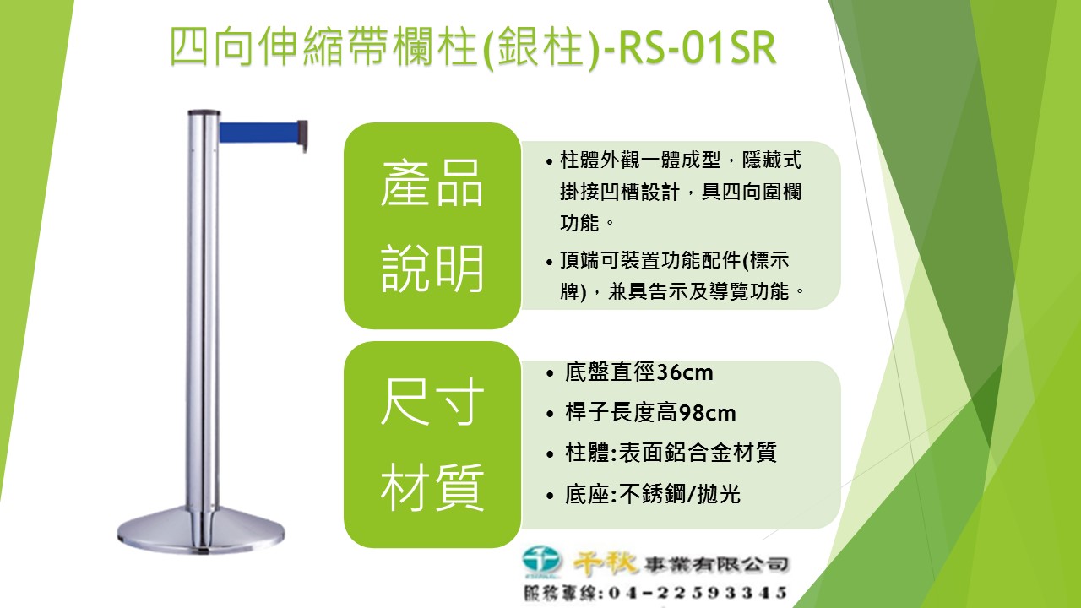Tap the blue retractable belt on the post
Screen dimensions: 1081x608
(258, 133)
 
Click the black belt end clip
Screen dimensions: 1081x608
(302, 136)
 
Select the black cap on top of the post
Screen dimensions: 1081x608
(204, 112)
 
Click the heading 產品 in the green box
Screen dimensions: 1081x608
(432, 183)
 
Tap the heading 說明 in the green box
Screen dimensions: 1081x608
(432, 268)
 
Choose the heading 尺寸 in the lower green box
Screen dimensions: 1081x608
(432, 401)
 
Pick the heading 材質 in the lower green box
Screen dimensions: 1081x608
(432, 486)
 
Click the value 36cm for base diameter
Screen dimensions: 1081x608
(684, 372)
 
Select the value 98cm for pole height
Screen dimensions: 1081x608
(707, 413)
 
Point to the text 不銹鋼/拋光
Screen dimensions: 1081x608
(680, 494)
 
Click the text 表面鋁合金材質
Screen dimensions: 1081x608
(698, 453)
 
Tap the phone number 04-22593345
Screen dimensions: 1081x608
(698, 593)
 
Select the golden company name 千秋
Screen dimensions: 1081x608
(606, 563)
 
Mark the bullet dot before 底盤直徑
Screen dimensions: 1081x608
(550, 373)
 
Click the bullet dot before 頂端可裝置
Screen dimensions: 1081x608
(550, 262)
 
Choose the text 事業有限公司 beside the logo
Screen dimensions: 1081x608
(717, 564)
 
